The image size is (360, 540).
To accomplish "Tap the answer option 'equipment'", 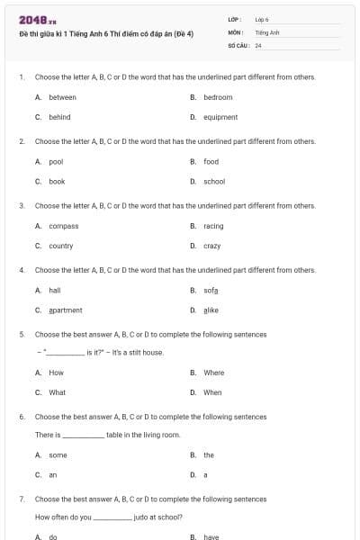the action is pos(220,117).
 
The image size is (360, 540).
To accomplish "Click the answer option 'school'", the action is pos(214,181).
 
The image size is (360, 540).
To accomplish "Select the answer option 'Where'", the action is pos(213,373).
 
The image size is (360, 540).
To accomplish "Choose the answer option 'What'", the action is pos(57,392).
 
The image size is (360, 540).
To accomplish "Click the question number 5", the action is pos(21,334).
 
